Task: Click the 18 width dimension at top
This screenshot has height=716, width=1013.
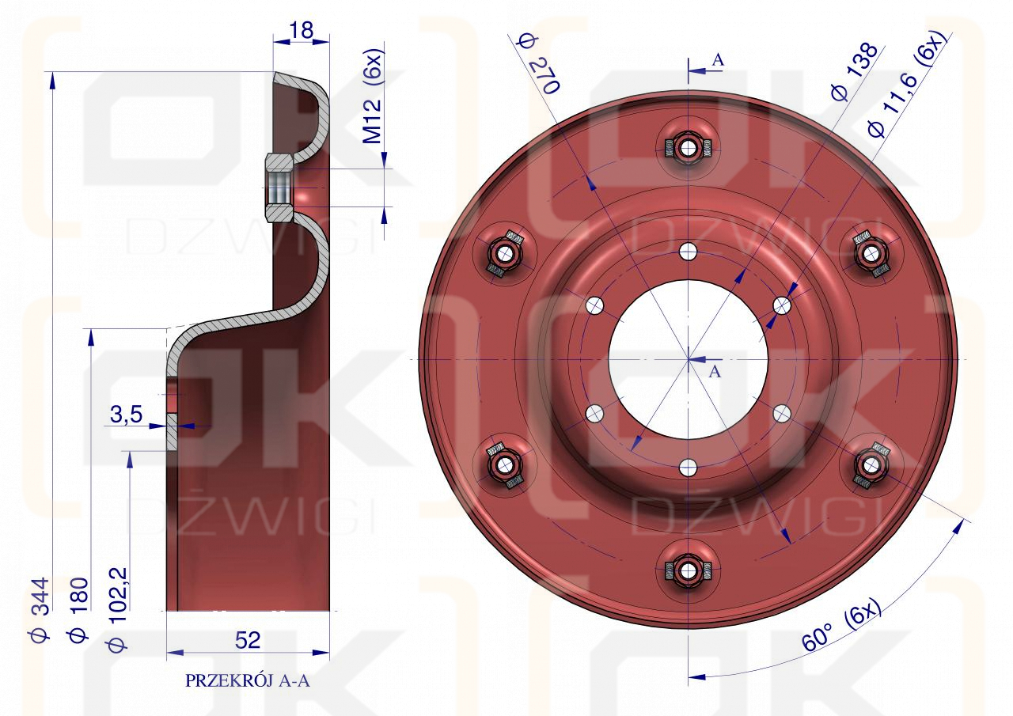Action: [301, 31]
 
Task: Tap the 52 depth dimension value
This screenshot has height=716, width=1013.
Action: [248, 640]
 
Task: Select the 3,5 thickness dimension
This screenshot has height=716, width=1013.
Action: [126, 415]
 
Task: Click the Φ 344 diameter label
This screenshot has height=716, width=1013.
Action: [40, 609]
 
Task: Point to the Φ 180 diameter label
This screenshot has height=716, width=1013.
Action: [78, 609]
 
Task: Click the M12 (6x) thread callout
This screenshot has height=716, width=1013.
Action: [374, 97]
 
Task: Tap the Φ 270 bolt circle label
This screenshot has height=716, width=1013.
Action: [539, 63]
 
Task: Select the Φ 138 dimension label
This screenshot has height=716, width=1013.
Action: [854, 72]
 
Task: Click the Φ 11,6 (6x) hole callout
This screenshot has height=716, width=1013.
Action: [906, 84]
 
